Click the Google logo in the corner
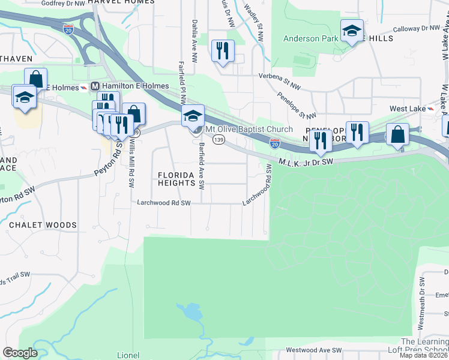(20, 353)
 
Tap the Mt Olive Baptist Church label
(249, 130)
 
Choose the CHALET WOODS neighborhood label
(43, 225)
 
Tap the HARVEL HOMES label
(121, 2)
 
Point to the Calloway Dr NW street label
(416, 29)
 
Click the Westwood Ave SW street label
(313, 350)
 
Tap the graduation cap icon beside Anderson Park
(352, 31)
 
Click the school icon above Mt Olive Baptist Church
(193, 116)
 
